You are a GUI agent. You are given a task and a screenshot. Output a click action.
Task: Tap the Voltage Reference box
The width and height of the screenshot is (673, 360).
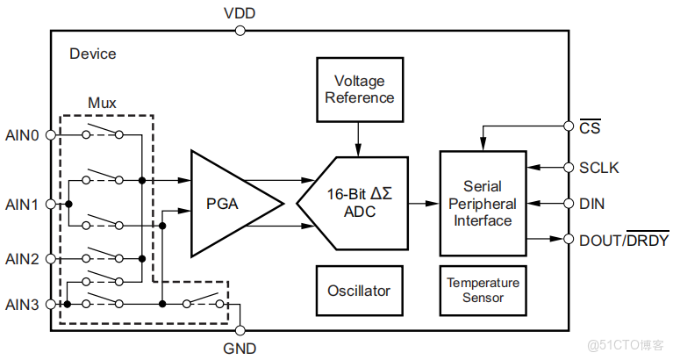pos(359,90)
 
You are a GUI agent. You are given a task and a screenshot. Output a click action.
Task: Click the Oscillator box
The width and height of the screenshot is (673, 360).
pos(359,291)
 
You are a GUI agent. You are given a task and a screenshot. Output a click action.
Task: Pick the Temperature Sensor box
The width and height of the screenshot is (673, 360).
pos(483,291)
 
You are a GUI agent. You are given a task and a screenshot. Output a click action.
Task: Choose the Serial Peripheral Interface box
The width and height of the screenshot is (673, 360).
pos(483,204)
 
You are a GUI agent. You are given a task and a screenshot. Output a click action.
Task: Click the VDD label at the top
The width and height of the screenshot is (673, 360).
pos(240,12)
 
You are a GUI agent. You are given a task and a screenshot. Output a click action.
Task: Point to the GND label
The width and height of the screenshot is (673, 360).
pos(240,348)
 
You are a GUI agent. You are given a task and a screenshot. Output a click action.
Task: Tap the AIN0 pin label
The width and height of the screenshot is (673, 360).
pos(22,135)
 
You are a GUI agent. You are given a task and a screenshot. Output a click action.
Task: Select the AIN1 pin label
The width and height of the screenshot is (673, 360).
pos(22,204)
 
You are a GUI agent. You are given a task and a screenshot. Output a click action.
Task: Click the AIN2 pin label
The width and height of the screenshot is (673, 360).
pos(22,259)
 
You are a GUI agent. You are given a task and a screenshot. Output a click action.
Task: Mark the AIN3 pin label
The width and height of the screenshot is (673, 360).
pos(22,304)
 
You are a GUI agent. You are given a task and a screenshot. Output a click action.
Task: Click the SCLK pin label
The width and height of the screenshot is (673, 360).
pos(598,167)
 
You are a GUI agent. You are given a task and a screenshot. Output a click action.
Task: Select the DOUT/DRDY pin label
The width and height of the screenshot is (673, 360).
pos(624,240)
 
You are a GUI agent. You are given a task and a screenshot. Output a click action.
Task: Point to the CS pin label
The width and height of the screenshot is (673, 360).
pos(590,128)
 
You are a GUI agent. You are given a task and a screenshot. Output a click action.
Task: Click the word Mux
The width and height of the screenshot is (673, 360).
pos(102,103)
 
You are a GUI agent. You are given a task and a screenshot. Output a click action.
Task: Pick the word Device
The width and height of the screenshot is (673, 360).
pos(92,54)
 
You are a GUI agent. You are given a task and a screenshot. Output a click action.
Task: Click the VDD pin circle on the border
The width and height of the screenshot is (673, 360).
pos(240,31)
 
